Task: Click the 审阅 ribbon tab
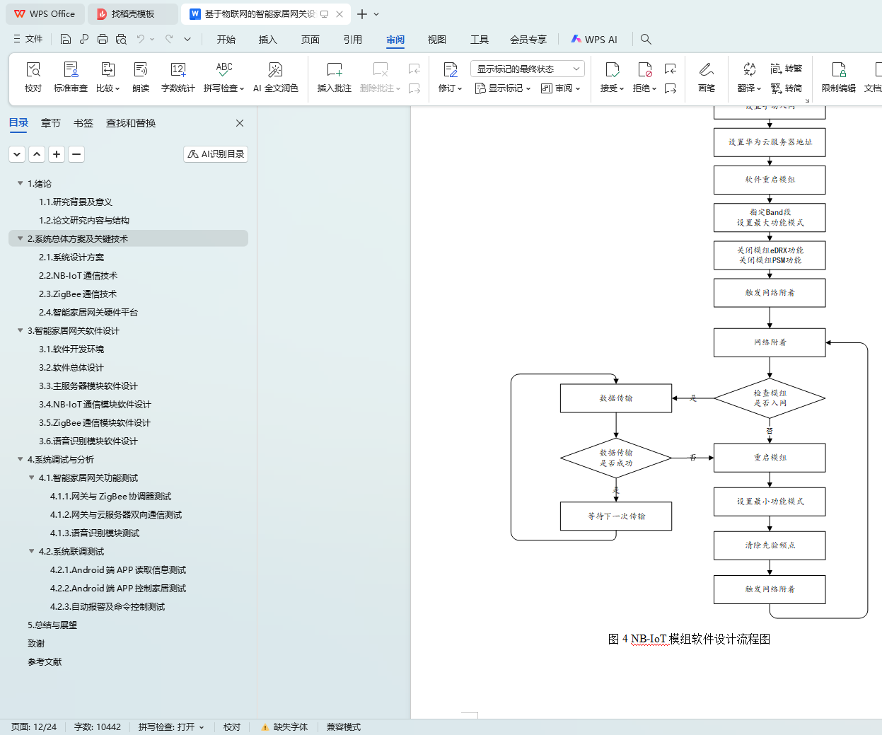pos(395,40)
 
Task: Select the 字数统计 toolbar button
pos(178,77)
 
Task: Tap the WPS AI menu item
pos(594,40)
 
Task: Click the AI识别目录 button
pos(216,154)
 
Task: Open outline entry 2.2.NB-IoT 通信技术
pos(78,276)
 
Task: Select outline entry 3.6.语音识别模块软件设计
pos(88,441)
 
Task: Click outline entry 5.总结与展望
pos(52,625)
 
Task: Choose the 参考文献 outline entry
pos(45,662)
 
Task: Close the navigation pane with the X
pos(240,123)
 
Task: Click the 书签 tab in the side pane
pos(83,123)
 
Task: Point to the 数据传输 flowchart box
pos(615,398)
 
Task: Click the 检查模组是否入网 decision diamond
pos(770,398)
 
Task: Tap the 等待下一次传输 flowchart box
pos(615,516)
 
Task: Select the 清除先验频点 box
pos(770,545)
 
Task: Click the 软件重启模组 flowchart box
pos(770,180)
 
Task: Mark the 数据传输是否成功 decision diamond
pos(615,458)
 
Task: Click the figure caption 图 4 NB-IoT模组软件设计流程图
pos(689,639)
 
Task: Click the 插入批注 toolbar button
pos(334,77)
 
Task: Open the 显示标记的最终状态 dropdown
pos(527,69)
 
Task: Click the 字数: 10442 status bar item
pos(98,727)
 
